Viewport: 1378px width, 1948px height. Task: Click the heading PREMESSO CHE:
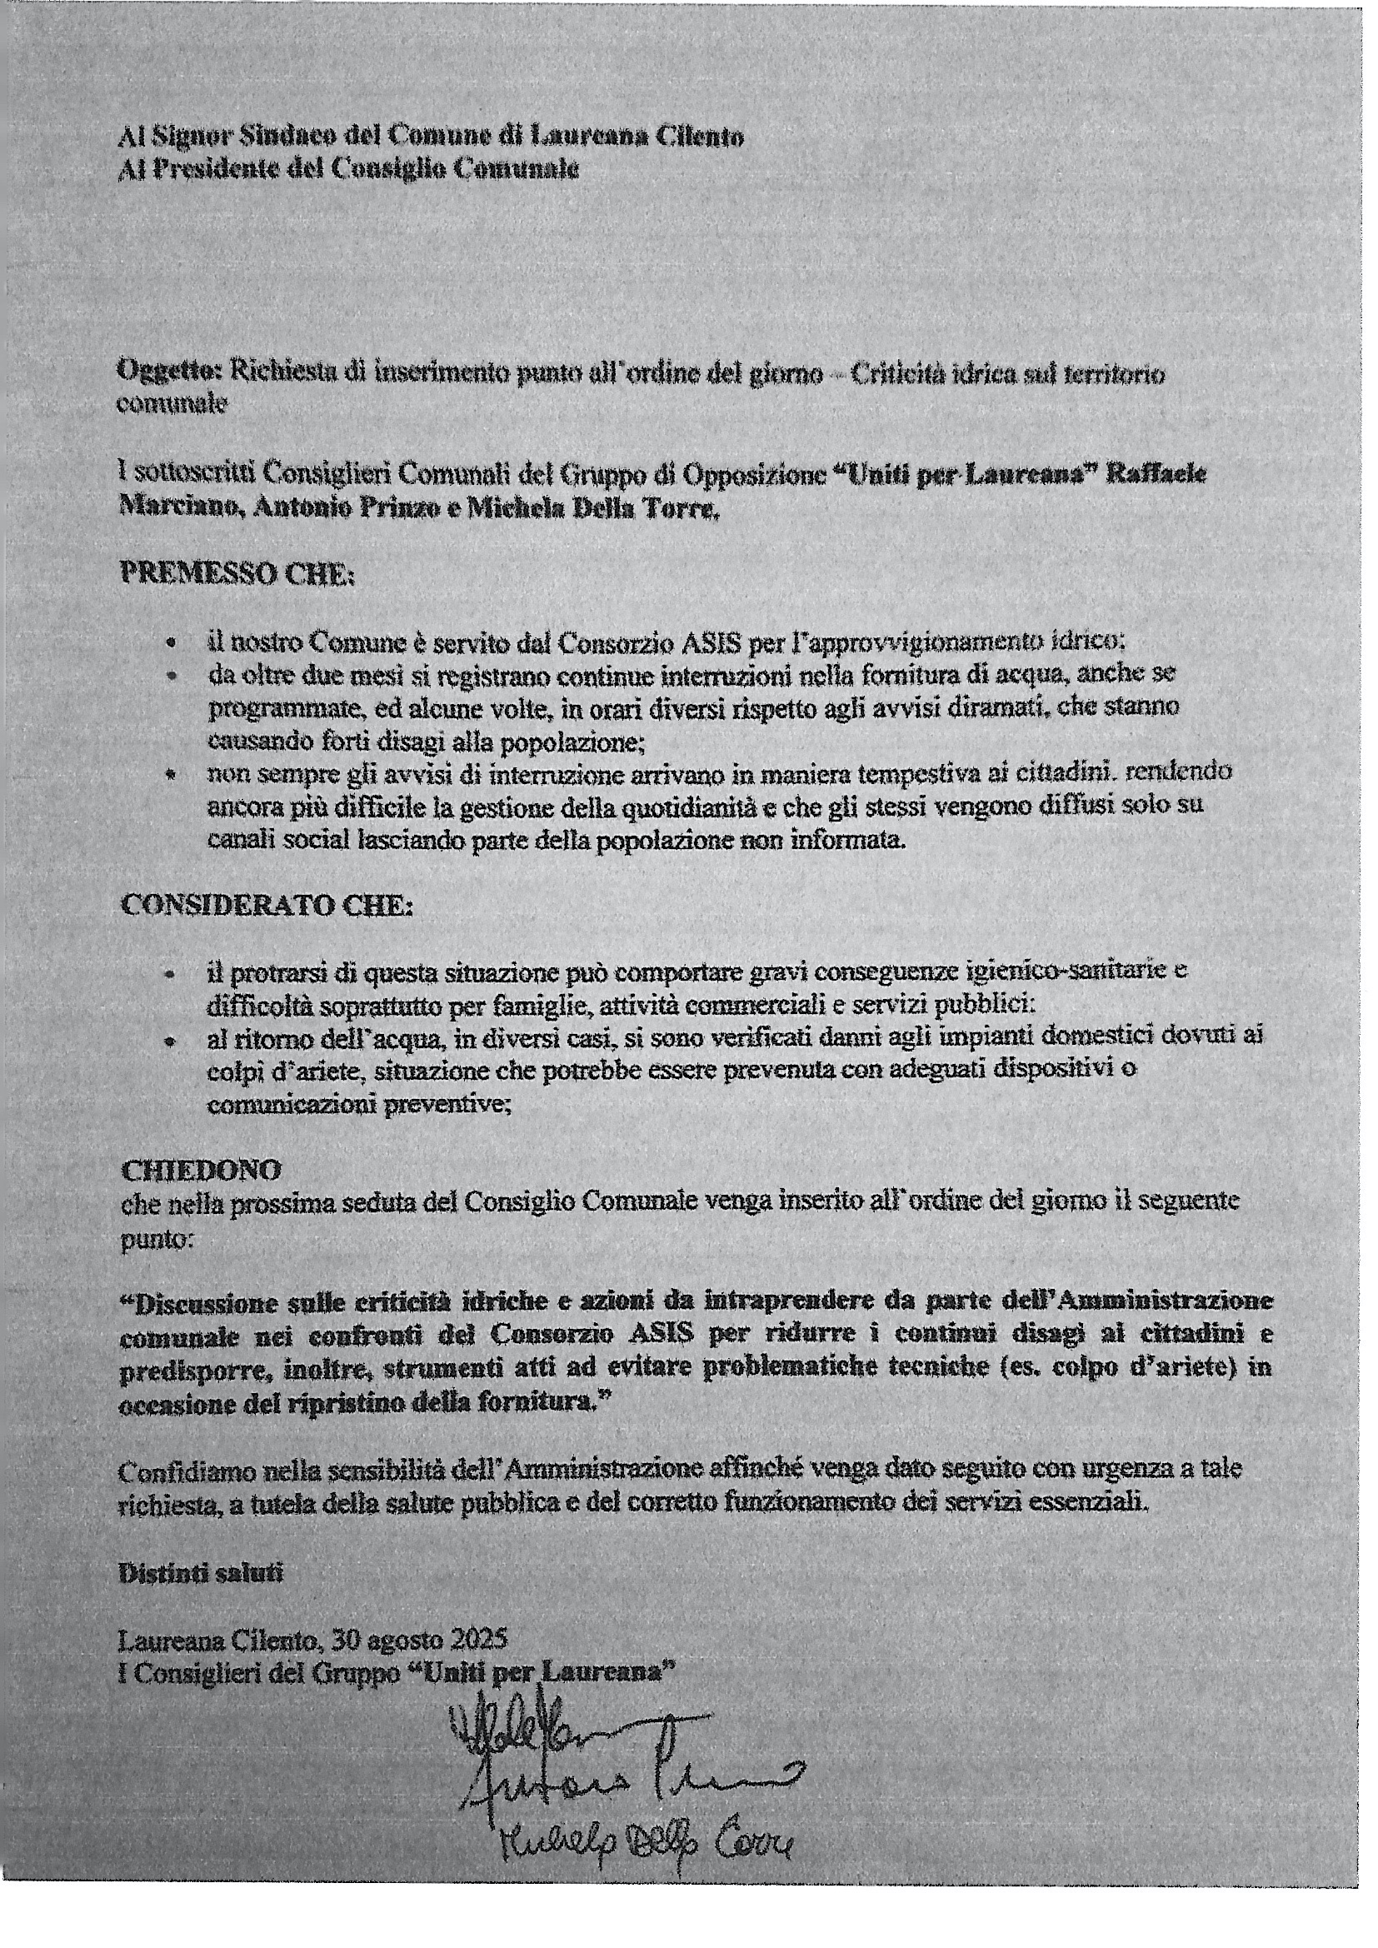(x=237, y=573)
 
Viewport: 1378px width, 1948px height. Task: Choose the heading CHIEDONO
(x=201, y=1170)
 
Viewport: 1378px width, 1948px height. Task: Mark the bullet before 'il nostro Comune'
(x=172, y=645)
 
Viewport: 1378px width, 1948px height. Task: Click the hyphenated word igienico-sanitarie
(x=1074, y=971)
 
